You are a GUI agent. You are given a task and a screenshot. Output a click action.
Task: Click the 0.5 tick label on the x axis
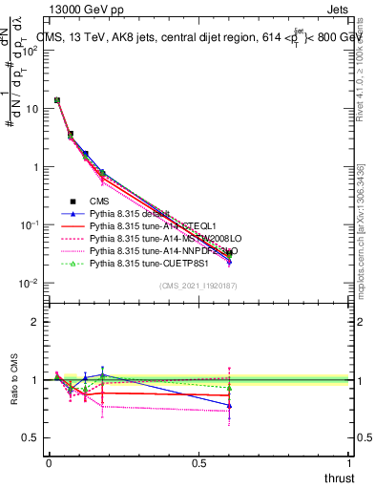coord(199,463)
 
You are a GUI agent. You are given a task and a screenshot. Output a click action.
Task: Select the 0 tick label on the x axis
coord(49,463)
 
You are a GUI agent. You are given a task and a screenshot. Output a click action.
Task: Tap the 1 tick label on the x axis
coord(349,463)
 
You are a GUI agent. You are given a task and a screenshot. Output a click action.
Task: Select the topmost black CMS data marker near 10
coord(57,100)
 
